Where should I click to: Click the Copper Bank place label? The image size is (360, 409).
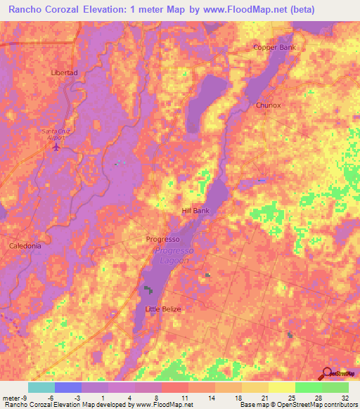coord(275,48)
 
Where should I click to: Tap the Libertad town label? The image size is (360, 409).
coord(64,72)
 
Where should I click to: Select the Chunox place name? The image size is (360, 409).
coord(268,105)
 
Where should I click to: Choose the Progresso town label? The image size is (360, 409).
coord(163,239)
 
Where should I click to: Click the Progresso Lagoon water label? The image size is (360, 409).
coord(173,256)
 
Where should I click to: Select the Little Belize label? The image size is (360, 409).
coord(162,309)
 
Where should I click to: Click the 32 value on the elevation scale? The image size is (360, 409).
coord(345,398)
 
